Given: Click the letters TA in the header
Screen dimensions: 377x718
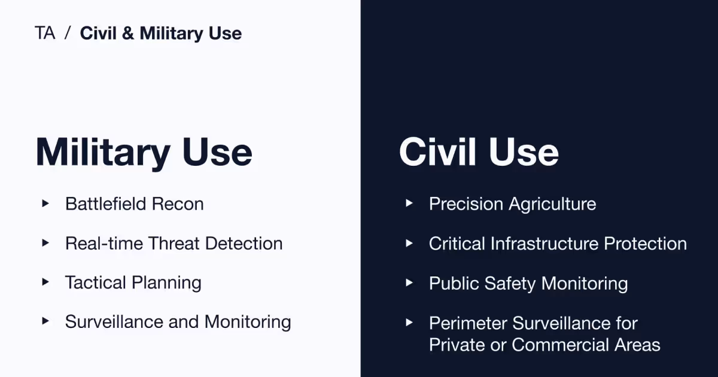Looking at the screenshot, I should [45, 34].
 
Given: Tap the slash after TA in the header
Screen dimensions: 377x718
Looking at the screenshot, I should [68, 34].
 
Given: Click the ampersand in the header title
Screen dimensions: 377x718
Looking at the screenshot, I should [128, 34].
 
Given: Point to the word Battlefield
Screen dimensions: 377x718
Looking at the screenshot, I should [106, 204].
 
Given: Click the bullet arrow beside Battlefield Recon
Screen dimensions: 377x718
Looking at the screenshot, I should [45, 203].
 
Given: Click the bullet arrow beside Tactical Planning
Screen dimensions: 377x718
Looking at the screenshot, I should [45, 282].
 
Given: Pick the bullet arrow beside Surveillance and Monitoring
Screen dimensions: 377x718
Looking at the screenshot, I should [45, 321].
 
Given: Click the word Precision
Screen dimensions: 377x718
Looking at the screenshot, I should [467, 204].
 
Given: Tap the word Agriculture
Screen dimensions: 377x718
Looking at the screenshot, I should [553, 205].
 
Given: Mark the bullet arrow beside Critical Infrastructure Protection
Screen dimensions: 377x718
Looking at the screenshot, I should [409, 243].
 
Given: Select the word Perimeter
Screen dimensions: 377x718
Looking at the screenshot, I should [466, 324].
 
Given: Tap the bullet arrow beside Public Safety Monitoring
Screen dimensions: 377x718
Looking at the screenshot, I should [409, 282].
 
